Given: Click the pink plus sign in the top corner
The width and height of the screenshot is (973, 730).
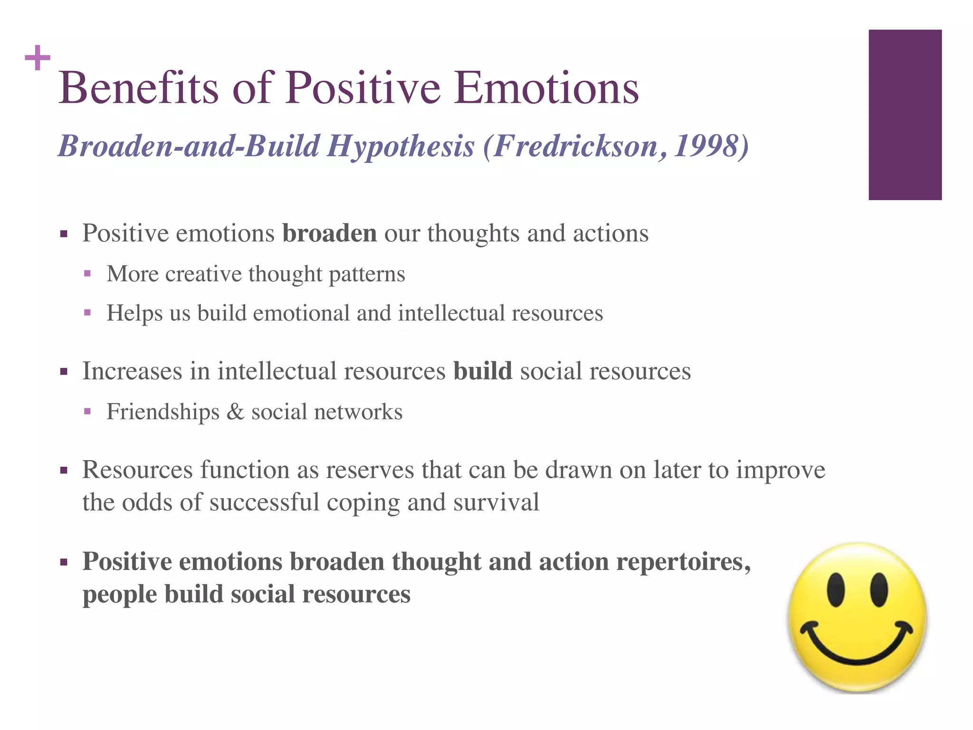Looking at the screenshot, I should [x=38, y=58].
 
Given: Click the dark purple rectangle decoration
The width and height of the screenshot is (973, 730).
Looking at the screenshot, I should [x=905, y=115].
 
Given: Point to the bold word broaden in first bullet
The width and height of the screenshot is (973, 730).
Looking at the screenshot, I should [x=329, y=233].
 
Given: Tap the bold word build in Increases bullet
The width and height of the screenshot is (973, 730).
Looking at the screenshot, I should [x=482, y=371].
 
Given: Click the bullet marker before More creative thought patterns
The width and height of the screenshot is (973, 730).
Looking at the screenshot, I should [x=87, y=274].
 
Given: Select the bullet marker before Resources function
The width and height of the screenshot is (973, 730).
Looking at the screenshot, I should [x=64, y=471].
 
